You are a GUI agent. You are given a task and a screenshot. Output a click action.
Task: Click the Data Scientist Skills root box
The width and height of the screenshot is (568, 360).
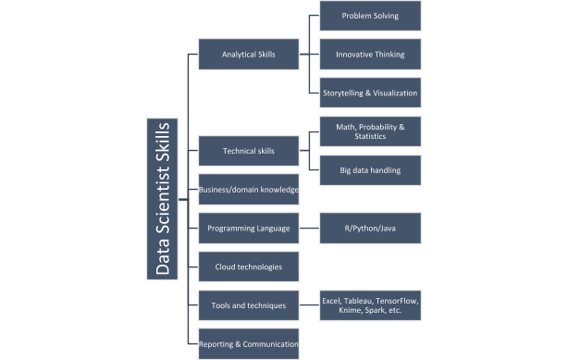point(163,198)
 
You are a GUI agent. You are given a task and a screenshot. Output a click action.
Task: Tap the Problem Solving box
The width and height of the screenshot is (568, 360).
point(369,16)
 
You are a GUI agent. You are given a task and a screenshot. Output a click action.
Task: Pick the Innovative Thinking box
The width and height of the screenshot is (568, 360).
point(369,55)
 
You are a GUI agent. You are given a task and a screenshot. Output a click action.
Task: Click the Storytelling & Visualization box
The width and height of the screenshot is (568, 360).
point(369,93)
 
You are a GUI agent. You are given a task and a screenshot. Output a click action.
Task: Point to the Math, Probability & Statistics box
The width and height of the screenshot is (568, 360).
point(369,130)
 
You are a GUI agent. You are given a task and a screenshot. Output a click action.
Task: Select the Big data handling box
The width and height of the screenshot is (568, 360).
point(369,170)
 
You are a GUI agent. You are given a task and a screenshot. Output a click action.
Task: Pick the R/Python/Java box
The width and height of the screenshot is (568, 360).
point(369,228)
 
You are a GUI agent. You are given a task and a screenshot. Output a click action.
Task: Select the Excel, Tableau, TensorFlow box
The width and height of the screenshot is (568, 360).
point(369,305)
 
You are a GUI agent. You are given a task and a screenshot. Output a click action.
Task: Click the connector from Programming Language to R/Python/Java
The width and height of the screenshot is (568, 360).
point(310,228)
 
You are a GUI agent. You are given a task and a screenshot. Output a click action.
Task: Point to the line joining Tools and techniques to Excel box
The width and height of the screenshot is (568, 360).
point(310,304)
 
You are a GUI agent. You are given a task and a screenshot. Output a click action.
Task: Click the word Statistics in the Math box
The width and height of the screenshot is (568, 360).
point(369,137)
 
